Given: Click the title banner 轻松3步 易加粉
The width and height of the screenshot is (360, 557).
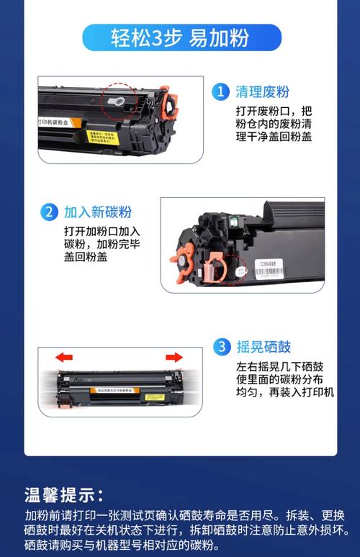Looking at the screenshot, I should click(181, 37).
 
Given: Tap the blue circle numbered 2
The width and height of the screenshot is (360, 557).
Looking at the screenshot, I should click(48, 212).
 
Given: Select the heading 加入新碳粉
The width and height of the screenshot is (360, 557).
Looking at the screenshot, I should click(97, 212).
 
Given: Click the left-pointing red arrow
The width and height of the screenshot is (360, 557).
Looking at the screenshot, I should click(64, 356).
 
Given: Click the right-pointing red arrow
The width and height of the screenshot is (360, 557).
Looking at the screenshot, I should click(174, 356).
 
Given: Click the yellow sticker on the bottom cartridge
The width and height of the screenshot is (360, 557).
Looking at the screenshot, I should click(154, 397).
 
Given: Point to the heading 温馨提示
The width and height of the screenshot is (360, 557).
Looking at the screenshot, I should click(65, 495).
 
